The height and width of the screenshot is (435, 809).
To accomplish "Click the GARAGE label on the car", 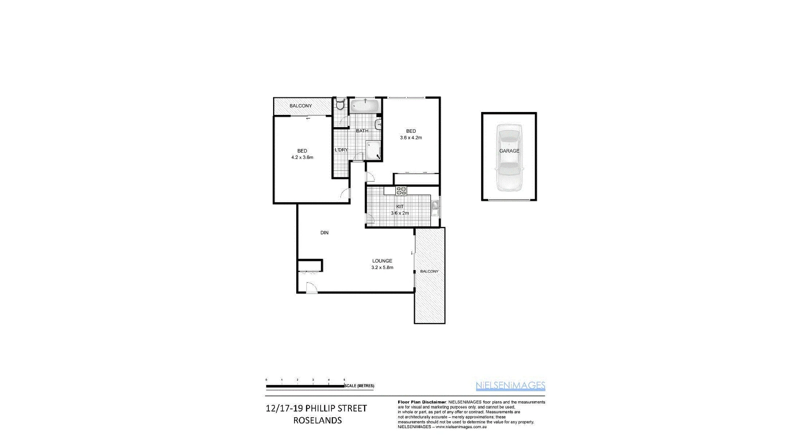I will pyautogui.click(x=509, y=151).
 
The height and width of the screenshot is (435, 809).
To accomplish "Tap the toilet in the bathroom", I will pyautogui.click(x=340, y=104).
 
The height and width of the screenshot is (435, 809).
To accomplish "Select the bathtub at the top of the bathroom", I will pyautogui.click(x=365, y=105).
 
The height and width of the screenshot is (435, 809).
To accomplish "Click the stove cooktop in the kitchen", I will pyautogui.click(x=401, y=191).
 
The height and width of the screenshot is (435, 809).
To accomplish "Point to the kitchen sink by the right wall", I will pyautogui.click(x=435, y=207).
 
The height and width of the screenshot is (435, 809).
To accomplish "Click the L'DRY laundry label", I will pyautogui.click(x=341, y=150).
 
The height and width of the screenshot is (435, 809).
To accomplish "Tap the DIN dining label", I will pyautogui.click(x=324, y=232).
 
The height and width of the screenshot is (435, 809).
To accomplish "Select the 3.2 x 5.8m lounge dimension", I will pyautogui.click(x=382, y=267).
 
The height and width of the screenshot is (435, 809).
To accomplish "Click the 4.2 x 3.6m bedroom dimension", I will pyautogui.click(x=302, y=157).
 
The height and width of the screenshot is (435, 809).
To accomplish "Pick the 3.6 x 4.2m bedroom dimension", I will pyautogui.click(x=411, y=138).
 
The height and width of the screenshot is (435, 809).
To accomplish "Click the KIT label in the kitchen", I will pyautogui.click(x=400, y=206).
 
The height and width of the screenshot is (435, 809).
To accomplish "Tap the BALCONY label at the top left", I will pyautogui.click(x=300, y=106).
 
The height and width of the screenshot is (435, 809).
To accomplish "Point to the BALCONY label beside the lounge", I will pyautogui.click(x=429, y=271).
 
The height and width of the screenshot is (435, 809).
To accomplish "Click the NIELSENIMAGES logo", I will pyautogui.click(x=510, y=385).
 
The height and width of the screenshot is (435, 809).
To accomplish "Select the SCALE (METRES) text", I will pyautogui.click(x=359, y=386).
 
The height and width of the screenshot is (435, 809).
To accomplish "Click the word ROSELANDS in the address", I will pyautogui.click(x=317, y=420).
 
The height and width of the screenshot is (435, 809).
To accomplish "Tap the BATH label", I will pyautogui.click(x=362, y=131).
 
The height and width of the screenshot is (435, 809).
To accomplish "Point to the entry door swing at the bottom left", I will pyautogui.click(x=311, y=288).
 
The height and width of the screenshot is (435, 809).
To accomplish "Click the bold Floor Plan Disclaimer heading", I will pyautogui.click(x=422, y=402).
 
